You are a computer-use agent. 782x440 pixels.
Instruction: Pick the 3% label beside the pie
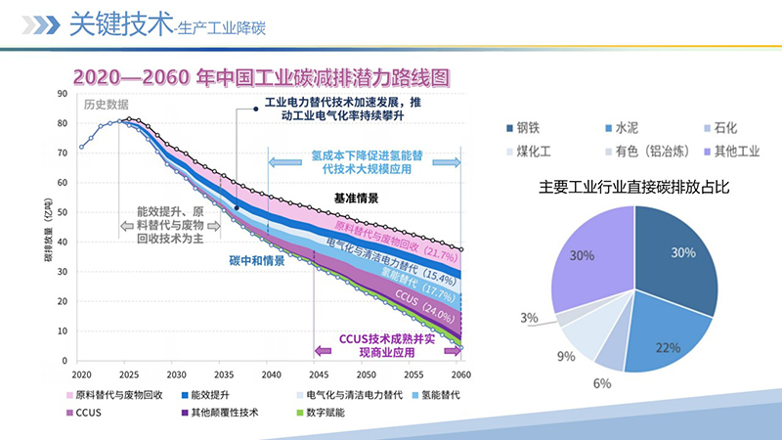529,318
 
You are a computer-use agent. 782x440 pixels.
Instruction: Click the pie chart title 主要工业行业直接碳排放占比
634,187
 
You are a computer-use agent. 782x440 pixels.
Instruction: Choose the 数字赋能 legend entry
322,412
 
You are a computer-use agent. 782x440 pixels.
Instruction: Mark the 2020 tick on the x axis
81,374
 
